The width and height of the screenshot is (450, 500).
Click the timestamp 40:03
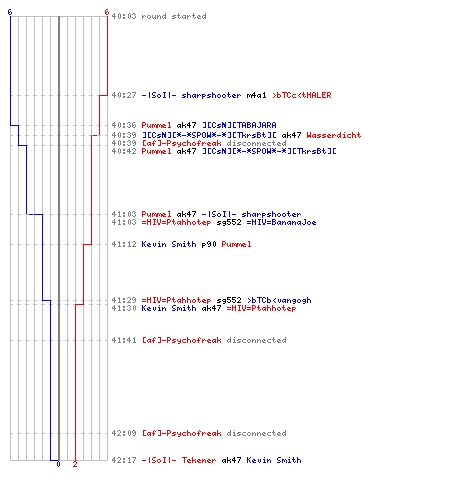coord(124,16)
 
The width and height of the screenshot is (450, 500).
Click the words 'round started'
coord(174,16)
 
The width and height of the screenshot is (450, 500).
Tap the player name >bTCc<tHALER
coord(302,95)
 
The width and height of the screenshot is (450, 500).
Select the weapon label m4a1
coord(256,95)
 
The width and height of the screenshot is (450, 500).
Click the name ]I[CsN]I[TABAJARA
coord(239,125)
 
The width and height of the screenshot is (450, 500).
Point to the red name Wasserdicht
coord(334,135)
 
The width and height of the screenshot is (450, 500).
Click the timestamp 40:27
coord(124,95)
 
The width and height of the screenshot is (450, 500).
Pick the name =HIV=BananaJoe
coord(281,222)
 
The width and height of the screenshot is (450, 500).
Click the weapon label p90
coord(209,244)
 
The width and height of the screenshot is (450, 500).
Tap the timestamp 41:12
coord(124,244)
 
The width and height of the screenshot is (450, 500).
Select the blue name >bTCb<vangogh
coord(279,300)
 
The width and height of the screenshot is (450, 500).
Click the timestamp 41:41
coord(124,340)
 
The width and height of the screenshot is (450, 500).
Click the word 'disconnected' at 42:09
coord(256,433)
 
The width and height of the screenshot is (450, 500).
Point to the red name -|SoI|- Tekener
coord(179,460)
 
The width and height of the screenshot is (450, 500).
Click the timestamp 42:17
coord(124,460)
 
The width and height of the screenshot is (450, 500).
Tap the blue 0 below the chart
coord(58,464)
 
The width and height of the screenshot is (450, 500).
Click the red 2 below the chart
coord(75,464)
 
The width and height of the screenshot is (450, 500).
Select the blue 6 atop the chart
coord(10,12)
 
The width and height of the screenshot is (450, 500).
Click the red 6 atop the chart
coord(107,12)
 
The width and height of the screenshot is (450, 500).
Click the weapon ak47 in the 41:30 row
coord(211,308)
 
